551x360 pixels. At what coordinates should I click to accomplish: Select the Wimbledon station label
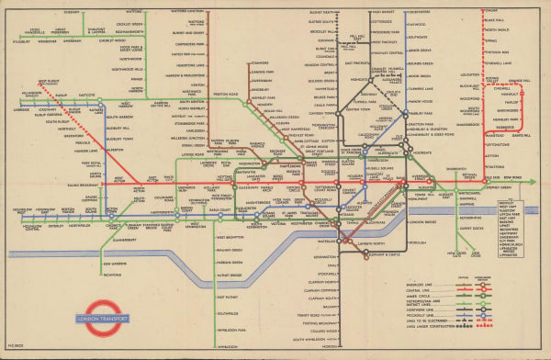(x=223, y=345)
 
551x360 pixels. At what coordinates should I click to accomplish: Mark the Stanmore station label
(x=258, y=62)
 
